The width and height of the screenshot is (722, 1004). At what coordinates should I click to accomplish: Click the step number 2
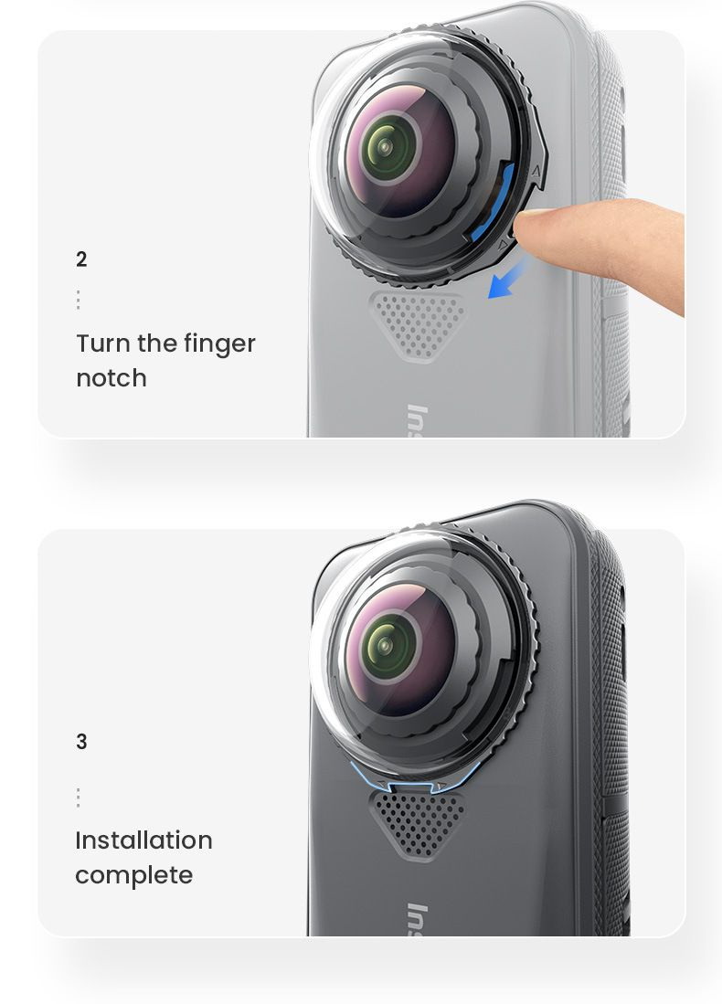(x=81, y=259)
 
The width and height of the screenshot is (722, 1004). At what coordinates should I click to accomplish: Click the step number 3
(x=81, y=742)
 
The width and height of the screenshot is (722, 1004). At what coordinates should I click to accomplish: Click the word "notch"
(x=111, y=378)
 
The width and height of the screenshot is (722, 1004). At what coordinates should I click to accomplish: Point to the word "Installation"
(x=143, y=840)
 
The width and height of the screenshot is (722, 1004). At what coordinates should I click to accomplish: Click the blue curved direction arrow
(x=506, y=280)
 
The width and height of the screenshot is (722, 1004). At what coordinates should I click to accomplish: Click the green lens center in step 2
(x=384, y=148)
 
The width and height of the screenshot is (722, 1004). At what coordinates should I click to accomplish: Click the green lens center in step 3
(x=384, y=646)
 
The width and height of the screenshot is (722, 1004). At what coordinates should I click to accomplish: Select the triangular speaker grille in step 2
(x=418, y=323)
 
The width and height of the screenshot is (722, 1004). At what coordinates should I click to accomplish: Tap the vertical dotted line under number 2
(x=79, y=300)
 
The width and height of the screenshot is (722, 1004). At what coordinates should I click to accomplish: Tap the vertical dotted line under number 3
(x=79, y=798)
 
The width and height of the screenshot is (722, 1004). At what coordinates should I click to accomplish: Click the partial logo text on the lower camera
(x=419, y=919)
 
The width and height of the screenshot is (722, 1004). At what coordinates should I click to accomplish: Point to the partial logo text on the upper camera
(x=419, y=420)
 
